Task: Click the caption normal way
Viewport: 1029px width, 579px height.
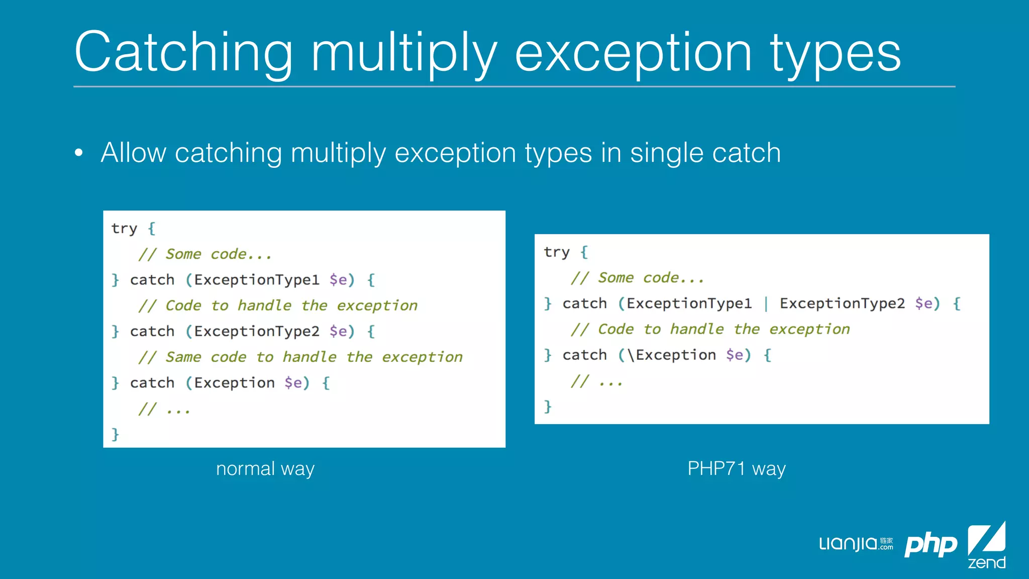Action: point(265,468)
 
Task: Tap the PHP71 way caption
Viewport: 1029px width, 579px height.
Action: point(736,468)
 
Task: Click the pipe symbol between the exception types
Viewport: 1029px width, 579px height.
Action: point(766,304)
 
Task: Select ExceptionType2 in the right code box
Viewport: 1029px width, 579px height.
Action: point(842,304)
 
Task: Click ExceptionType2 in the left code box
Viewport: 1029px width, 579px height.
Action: point(257,331)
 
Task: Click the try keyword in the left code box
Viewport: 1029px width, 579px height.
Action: point(124,229)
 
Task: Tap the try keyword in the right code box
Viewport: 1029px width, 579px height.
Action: point(557,252)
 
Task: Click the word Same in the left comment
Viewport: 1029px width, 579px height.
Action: point(183,357)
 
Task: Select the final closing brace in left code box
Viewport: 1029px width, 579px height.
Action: point(116,434)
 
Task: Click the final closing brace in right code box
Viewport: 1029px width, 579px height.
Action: point(548,406)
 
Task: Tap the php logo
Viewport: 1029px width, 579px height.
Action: point(931,545)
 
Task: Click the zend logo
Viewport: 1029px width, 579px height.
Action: point(986,545)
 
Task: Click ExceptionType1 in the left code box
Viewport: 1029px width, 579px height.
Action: point(257,280)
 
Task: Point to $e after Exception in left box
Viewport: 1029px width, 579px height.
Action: point(293,383)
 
